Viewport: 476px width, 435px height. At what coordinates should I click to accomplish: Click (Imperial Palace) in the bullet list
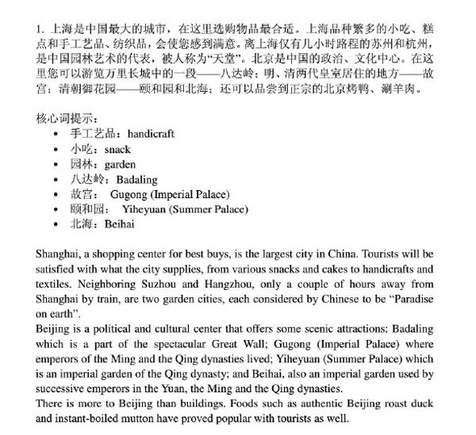[191, 194]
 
